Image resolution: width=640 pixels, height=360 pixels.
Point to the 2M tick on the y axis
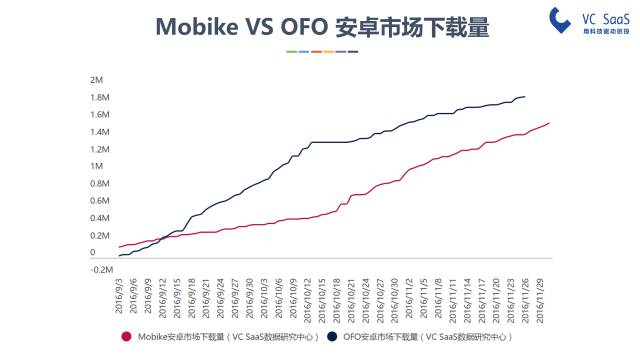click(97, 80)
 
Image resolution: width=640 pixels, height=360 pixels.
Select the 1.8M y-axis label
click(98, 97)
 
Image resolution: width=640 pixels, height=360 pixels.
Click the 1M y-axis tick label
click(97, 167)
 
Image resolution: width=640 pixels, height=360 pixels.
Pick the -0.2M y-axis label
click(98, 270)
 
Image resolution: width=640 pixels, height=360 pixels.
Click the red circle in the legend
click(126, 337)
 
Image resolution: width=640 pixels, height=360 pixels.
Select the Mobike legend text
click(227, 337)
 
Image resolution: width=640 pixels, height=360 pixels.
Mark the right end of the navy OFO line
click(526, 97)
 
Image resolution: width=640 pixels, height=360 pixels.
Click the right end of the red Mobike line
click(549, 123)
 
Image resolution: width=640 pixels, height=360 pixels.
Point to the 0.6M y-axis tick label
click(98, 201)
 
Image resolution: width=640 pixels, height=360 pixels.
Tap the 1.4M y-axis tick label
click(98, 132)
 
